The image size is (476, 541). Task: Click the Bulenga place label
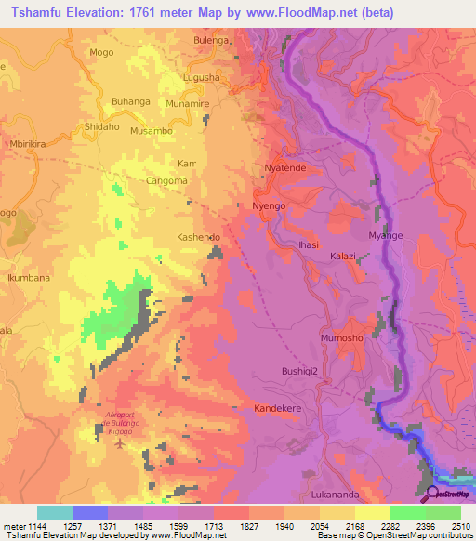[x=210, y=41]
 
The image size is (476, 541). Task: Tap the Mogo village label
[x=102, y=53]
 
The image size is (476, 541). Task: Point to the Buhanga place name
[x=131, y=101]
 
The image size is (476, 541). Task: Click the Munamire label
[x=189, y=106]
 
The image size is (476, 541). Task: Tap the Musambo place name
[x=151, y=132]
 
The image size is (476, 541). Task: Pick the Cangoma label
[x=166, y=181]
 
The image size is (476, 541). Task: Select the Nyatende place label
[x=284, y=168]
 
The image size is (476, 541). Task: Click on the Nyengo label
[x=270, y=205]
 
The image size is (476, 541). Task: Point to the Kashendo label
[x=198, y=238]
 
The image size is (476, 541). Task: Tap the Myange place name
[x=386, y=236]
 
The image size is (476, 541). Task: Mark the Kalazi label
[x=343, y=255]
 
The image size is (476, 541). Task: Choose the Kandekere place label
[x=281, y=408]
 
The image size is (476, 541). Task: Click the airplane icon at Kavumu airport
[x=118, y=440]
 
